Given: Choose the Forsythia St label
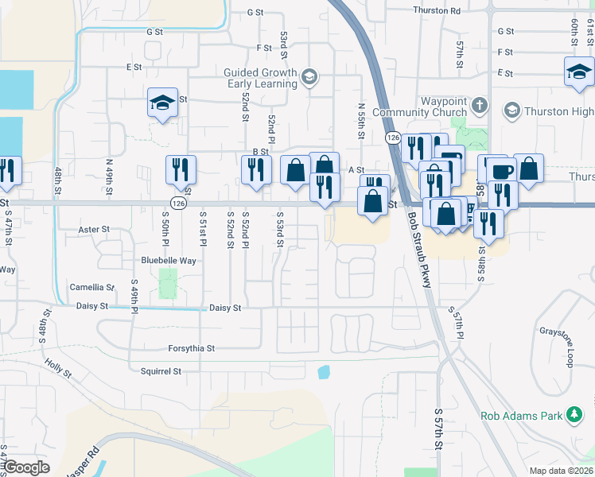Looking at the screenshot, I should point(191,348).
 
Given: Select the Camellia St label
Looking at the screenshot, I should point(92,287).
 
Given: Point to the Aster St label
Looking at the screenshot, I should point(94,230).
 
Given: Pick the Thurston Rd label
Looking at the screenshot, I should point(437,10).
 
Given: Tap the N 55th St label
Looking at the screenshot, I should point(361,120).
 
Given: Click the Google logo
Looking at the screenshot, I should point(27,467).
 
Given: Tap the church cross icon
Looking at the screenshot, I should point(479,105).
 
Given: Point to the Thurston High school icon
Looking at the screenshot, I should point(511,110).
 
